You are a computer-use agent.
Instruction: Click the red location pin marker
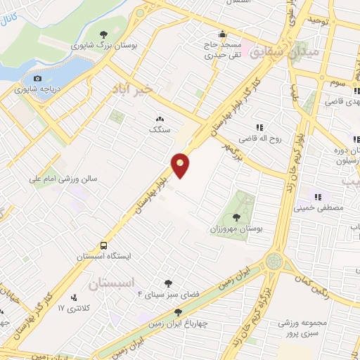tap(181, 165)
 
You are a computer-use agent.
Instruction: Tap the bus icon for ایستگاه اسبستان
tap(104, 246)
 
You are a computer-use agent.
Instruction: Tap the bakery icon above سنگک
tap(160, 120)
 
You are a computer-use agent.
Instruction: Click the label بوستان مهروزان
tap(236, 229)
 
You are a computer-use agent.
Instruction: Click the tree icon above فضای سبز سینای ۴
tap(167, 283)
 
